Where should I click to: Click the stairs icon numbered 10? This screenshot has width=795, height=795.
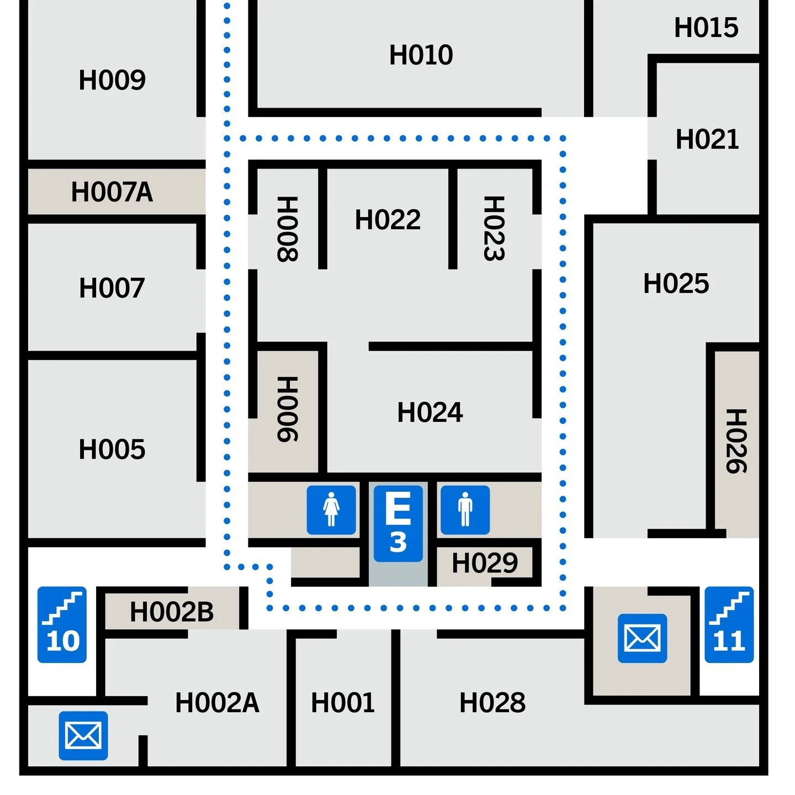point(62,624)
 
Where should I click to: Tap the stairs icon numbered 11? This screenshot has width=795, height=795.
point(729,624)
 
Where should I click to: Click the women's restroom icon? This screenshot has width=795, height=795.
point(331,510)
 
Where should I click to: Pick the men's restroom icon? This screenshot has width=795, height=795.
point(465,510)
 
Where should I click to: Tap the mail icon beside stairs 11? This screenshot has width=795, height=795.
point(642,638)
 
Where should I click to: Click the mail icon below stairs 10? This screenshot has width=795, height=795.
point(83,735)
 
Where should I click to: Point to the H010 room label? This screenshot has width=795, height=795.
point(421,55)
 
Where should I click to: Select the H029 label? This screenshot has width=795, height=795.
point(485,564)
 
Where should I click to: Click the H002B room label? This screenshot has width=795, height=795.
point(172,612)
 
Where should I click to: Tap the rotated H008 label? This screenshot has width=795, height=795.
point(288,229)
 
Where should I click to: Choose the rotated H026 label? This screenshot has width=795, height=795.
point(736,441)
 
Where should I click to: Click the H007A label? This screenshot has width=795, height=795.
point(112,192)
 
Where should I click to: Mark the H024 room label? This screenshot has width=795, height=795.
point(430,412)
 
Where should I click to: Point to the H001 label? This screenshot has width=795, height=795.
point(343,703)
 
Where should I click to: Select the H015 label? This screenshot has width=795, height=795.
point(706,28)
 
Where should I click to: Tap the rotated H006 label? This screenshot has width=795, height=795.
point(288,409)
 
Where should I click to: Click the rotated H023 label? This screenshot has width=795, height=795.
point(494,228)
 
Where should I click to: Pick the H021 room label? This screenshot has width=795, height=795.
point(707,139)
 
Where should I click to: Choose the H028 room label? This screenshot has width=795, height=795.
point(492,703)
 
